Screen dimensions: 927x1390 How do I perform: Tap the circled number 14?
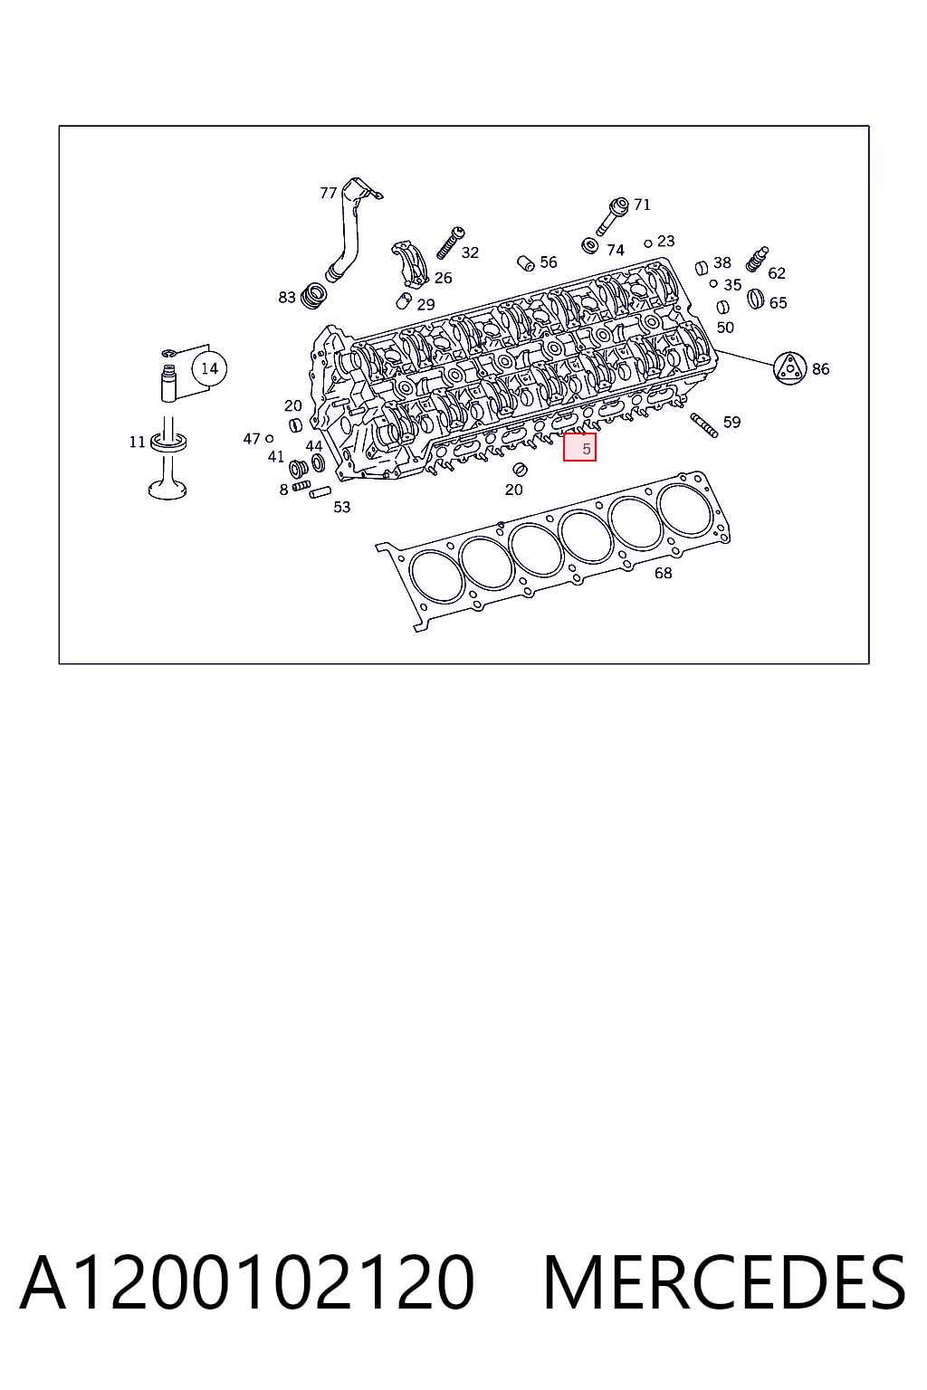coord(209,368)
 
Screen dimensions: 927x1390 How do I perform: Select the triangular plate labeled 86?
coord(789,368)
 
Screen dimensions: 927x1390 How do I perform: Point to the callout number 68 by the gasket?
coord(664,573)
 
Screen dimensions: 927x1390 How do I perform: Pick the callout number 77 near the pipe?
coord(328,193)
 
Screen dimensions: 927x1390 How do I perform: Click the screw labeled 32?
coord(450,243)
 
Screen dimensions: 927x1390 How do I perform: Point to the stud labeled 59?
coord(704,425)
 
